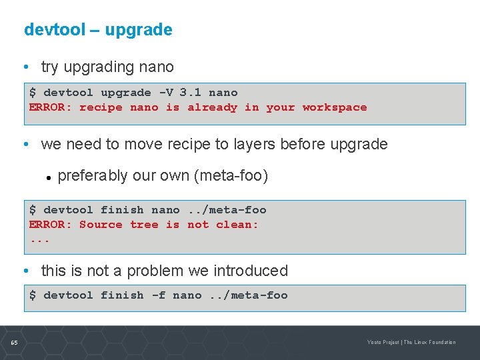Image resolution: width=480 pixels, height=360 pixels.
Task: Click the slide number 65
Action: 14,343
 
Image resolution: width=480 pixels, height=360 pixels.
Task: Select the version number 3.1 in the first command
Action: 190,93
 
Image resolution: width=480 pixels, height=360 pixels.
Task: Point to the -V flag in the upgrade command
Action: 164,93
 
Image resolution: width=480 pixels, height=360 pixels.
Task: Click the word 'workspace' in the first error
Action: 334,107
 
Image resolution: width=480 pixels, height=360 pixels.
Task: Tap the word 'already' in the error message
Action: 212,107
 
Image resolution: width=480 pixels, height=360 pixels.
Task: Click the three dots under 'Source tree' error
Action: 39,239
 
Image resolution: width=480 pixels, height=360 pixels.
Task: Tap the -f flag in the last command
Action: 158,295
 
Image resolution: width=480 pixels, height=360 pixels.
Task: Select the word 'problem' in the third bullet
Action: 155,271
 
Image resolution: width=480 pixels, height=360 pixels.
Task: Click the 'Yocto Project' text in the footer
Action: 383,343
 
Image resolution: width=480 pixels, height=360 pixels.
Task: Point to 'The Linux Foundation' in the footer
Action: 430,343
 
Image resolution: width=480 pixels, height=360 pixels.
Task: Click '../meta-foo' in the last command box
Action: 248,295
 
